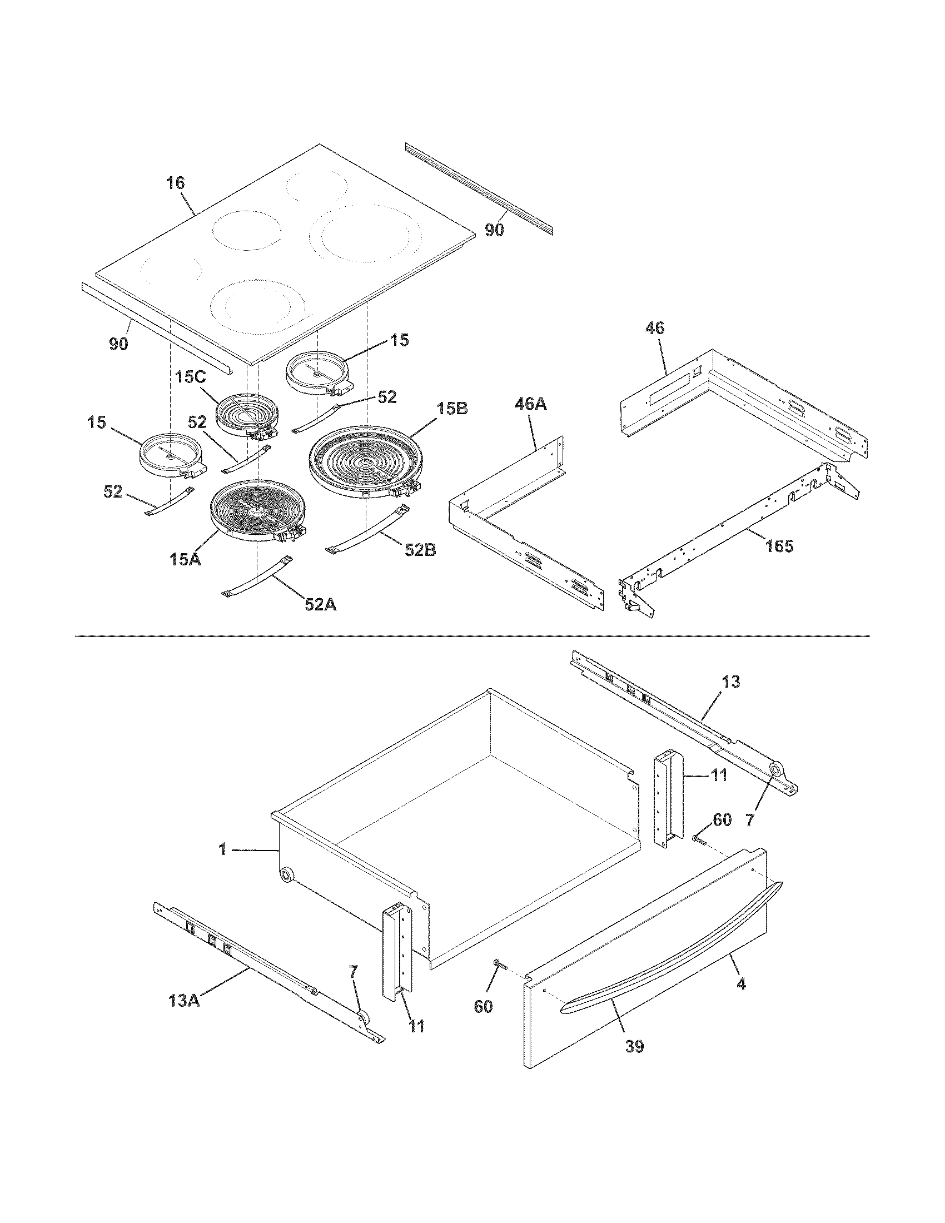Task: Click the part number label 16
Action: coord(175,183)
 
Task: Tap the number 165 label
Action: coord(779,545)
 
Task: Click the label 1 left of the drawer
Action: coord(222,849)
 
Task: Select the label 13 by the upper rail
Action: coord(730,682)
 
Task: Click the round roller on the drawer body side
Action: coord(287,874)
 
